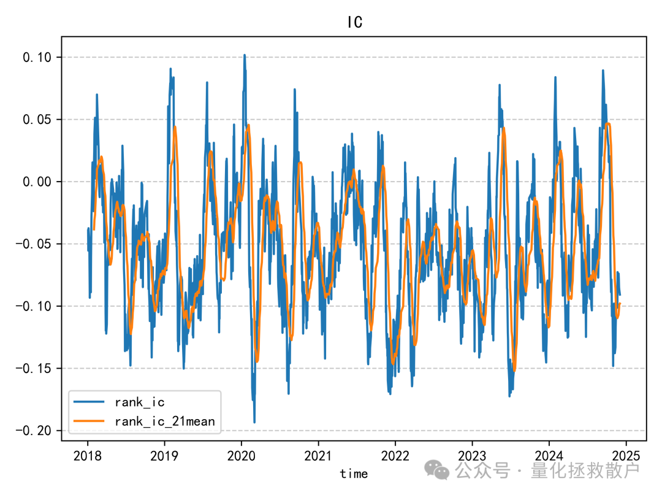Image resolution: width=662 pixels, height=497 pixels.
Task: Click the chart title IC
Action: pos(354,23)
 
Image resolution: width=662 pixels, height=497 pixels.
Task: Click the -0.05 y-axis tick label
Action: pos(36,244)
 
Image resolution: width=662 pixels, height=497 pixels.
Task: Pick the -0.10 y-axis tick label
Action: pos(36,307)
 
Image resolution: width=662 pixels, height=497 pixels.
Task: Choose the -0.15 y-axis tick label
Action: pos(36,369)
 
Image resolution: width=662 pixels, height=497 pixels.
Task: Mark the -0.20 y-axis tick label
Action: pos(36,431)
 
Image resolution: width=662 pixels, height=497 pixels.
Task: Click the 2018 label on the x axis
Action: pos(87,456)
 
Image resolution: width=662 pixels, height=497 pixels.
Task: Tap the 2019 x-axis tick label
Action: pos(164,456)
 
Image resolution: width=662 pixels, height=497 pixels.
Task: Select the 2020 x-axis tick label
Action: pos(241,456)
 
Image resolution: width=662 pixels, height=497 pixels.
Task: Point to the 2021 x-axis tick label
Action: pos(318,456)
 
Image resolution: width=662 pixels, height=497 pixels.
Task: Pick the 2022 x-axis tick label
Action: pos(395,456)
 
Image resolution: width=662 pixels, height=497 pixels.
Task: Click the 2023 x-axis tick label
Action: pos(471,456)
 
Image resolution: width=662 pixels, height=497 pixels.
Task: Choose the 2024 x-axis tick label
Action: pos(549,456)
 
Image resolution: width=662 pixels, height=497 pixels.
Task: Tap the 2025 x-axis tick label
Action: pos(625,456)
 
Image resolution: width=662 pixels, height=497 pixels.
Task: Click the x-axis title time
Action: pos(354,474)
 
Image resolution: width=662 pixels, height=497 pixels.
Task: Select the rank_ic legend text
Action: pos(139,403)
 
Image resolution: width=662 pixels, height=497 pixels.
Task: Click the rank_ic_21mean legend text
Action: pos(164,421)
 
